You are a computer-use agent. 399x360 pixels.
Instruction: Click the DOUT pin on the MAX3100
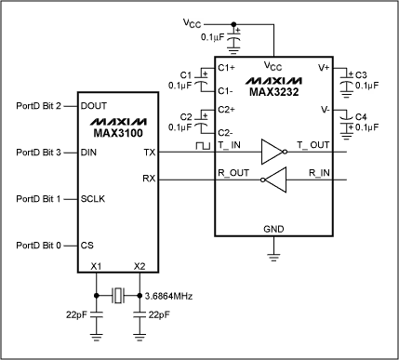tap(95, 106)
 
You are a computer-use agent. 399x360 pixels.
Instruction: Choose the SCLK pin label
tap(95, 198)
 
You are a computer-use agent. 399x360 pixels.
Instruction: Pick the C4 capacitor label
tap(362, 116)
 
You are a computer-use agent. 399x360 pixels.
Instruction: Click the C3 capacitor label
tap(362, 73)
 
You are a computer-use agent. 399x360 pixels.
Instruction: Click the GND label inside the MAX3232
tap(274, 229)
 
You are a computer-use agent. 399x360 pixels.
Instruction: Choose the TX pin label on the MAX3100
tap(151, 152)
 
